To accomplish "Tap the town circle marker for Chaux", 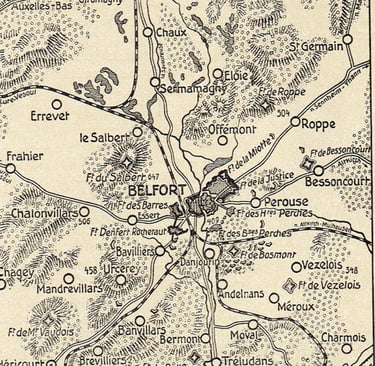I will pyautogui.click(x=148, y=32).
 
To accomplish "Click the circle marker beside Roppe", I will pyautogui.click(x=293, y=125).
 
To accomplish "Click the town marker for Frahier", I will pyautogui.click(x=11, y=168).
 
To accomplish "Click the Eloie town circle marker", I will pyautogui.click(x=218, y=73).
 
